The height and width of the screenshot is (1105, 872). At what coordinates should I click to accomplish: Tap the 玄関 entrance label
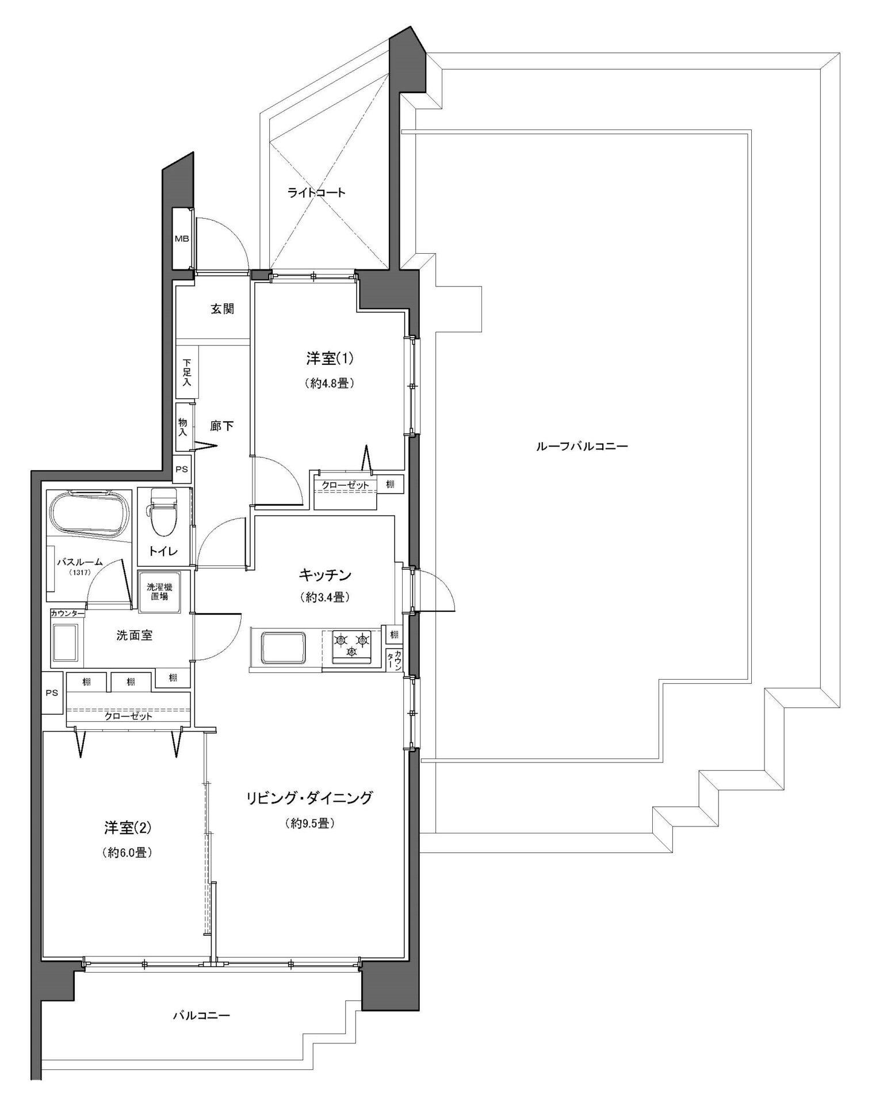(222, 309)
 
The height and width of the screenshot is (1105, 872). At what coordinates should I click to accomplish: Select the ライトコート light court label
(316, 192)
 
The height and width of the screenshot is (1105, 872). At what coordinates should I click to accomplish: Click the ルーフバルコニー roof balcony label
(582, 446)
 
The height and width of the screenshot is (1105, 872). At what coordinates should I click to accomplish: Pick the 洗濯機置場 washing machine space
(159, 592)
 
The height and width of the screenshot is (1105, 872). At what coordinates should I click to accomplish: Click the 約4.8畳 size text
(328, 383)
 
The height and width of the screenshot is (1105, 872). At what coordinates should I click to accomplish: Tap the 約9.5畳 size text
(310, 824)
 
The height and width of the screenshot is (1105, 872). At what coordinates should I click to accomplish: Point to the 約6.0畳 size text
(127, 853)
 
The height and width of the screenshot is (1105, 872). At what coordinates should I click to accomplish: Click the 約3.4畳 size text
(325, 598)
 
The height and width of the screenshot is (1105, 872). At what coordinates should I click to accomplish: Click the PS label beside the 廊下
(182, 469)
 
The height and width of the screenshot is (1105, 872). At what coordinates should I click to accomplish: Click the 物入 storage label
(183, 427)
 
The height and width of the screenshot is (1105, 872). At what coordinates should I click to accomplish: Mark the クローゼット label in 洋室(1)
(345, 485)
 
